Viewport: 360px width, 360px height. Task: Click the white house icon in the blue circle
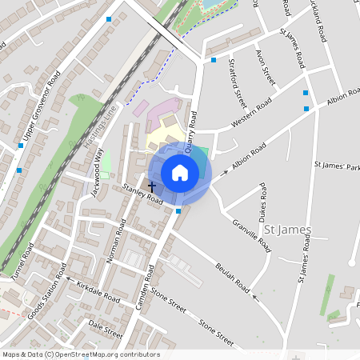coord(180,172)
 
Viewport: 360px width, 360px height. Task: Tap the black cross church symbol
coord(152,186)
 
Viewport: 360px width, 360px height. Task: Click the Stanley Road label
coord(143,195)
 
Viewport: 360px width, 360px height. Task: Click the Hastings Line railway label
coord(100,129)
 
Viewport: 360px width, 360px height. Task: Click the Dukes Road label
coord(262,205)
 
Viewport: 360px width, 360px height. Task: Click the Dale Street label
coord(106,328)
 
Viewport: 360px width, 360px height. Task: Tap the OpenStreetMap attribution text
coord(81,354)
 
